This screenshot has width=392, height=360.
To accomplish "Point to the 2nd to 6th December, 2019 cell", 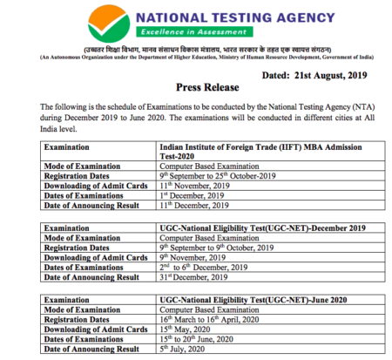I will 204,267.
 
